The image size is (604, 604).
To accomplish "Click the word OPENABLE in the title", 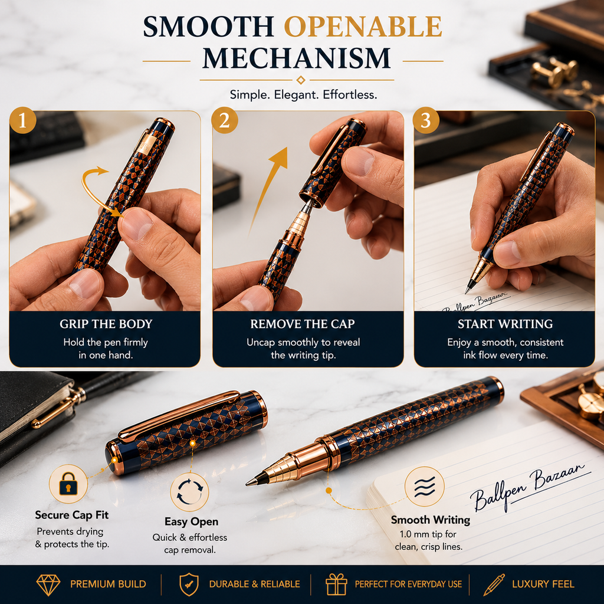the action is pyautogui.click(x=363, y=27).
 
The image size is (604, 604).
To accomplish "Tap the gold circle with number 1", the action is pyautogui.click(x=23, y=120).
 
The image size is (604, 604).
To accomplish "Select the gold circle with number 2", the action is pyautogui.click(x=225, y=120).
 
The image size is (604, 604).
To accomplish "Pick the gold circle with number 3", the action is pyautogui.click(x=426, y=120).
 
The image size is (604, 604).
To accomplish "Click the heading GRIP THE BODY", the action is pyautogui.click(x=106, y=324).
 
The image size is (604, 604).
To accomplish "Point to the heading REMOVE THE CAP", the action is pyautogui.click(x=303, y=324).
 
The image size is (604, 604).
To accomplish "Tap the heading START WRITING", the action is pyautogui.click(x=505, y=324).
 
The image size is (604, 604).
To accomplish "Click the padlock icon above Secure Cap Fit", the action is pyautogui.click(x=68, y=484).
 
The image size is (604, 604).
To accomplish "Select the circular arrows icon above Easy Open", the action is pyautogui.click(x=189, y=492).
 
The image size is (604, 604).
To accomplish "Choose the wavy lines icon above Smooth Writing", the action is pyautogui.click(x=425, y=486).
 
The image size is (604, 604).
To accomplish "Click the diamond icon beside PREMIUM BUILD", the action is pyautogui.click(x=48, y=585).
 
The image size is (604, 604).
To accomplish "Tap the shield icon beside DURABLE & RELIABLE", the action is pyautogui.click(x=189, y=585).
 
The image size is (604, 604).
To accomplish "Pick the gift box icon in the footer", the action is pyautogui.click(x=336, y=585).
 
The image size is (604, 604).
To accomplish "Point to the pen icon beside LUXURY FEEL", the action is pyautogui.click(x=494, y=585).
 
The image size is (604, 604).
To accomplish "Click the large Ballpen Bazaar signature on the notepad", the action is pyautogui.click(x=528, y=487).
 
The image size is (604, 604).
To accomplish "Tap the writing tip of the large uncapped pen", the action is pyautogui.click(x=248, y=484).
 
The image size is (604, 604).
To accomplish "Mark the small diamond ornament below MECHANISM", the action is pyautogui.click(x=301, y=80).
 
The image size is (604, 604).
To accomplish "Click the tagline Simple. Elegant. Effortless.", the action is pyautogui.click(x=304, y=95).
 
